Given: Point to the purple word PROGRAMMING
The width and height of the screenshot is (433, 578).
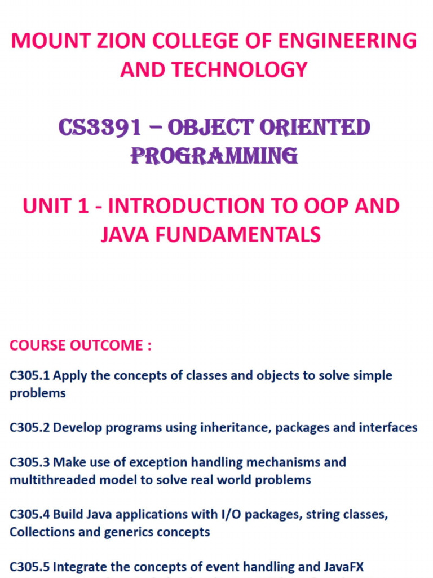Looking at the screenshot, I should (214, 155).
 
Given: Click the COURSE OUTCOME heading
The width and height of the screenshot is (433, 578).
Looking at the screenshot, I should (81, 345).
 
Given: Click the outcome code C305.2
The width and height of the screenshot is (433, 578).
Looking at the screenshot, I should (30, 428).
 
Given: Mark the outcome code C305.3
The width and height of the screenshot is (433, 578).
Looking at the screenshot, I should (30, 462).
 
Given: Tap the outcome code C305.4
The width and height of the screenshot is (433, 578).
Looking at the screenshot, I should (30, 514).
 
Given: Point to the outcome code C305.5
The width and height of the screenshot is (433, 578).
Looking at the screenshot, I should (30, 566).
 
